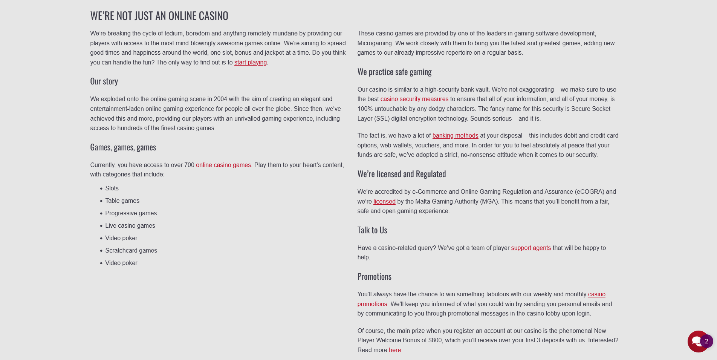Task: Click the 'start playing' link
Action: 250,63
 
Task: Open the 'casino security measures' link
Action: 414,99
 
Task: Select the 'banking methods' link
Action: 455,136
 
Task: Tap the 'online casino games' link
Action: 223,165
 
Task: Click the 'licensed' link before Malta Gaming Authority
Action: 384,202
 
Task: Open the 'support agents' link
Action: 530,248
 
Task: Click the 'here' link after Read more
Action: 394,350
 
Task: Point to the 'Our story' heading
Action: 104,81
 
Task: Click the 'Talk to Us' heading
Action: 372,230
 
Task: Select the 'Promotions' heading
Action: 374,277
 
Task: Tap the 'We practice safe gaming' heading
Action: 394,72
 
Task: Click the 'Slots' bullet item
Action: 112,188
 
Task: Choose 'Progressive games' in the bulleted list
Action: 131,213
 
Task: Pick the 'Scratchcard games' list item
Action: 131,251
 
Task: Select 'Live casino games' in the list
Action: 130,226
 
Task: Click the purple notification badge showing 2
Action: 706,341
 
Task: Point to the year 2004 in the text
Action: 220,99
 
